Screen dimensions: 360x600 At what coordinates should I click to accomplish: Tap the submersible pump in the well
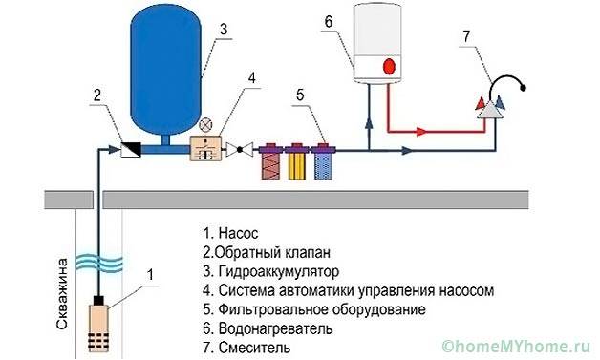(97, 325)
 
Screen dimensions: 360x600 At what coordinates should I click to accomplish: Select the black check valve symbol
(126, 148)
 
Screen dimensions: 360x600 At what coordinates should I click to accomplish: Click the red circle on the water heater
(389, 67)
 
